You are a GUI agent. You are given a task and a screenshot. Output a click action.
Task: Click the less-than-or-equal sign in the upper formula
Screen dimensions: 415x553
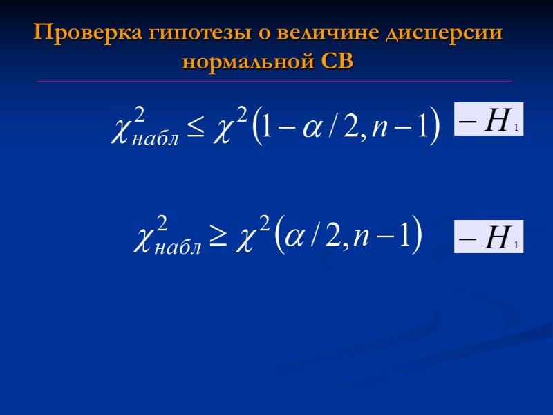point(197,127)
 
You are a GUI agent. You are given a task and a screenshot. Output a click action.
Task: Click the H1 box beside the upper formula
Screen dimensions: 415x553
point(488,119)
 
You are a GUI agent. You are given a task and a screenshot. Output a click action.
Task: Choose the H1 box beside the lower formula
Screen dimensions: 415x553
point(488,237)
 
